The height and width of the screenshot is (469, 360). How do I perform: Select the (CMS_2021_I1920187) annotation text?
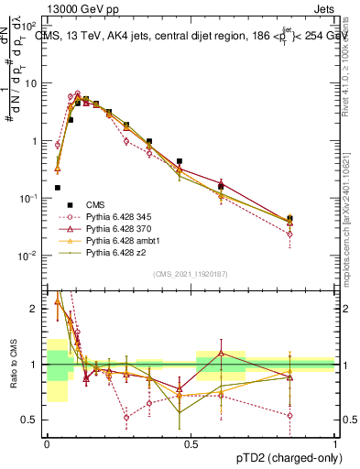point(190,274)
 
